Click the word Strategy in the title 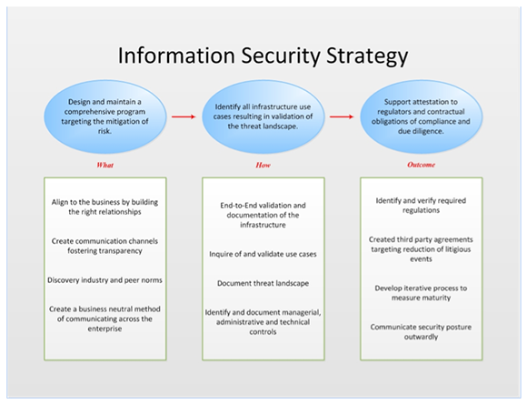367,56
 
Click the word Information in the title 176,56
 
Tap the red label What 104,165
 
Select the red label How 263,165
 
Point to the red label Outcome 421,165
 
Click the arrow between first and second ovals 184,116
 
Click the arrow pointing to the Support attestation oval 342,116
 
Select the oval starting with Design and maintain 104,116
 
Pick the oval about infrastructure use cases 263,116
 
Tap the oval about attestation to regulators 421,116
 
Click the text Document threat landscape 263,283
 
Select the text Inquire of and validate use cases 263,254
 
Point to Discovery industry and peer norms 104,280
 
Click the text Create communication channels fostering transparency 104,246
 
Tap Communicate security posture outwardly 421,332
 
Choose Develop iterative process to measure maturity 421,293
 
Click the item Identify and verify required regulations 421,206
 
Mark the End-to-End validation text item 263,215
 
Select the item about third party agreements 421,249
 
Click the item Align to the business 104,207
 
